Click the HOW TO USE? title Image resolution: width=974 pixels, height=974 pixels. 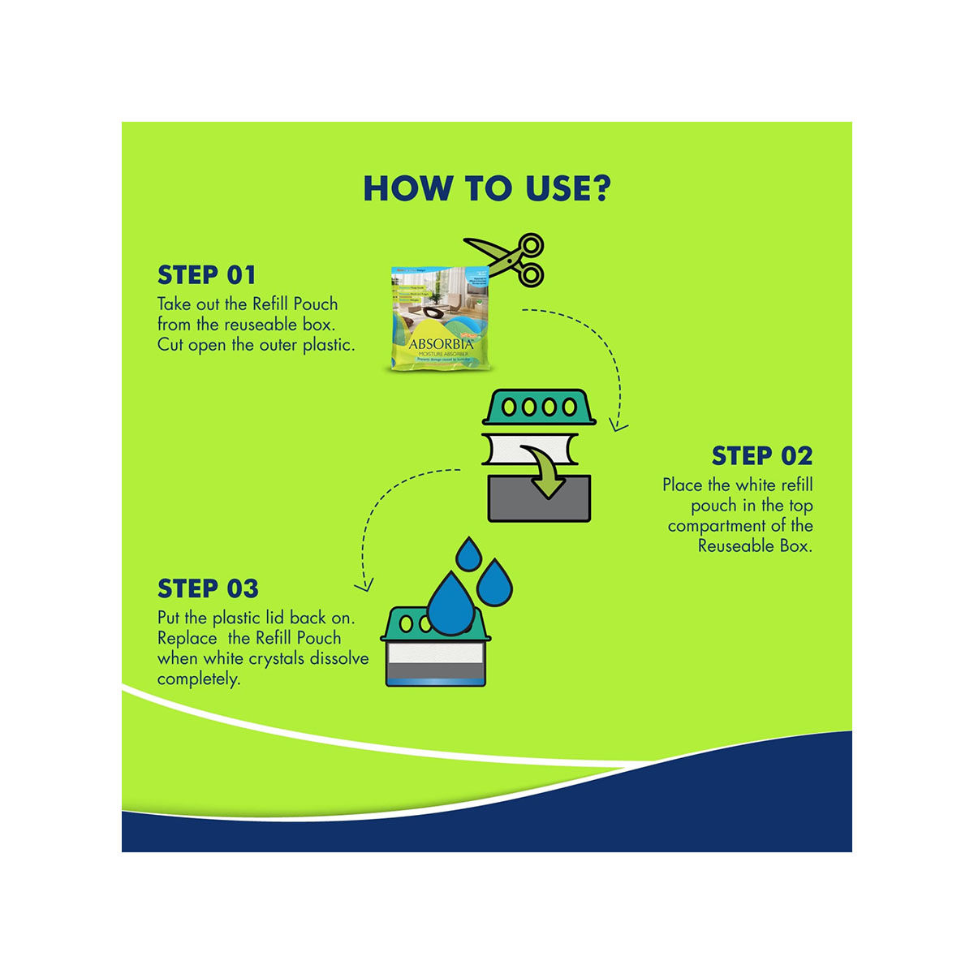coord(486,187)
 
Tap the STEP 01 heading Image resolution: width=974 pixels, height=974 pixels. coord(207,275)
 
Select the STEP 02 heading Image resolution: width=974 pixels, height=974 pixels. coord(761,456)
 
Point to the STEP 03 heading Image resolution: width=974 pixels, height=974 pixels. coord(208,588)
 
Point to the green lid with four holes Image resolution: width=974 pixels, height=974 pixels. coord(539,407)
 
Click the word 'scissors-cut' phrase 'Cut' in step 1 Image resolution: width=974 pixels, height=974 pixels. coord(170,344)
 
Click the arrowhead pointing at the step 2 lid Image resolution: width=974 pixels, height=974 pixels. coord(618,424)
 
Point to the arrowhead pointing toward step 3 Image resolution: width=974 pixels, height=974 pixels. coord(366,584)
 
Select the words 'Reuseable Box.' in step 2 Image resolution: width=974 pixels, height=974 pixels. coord(755,546)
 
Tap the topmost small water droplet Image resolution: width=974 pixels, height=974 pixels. coord(468,554)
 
